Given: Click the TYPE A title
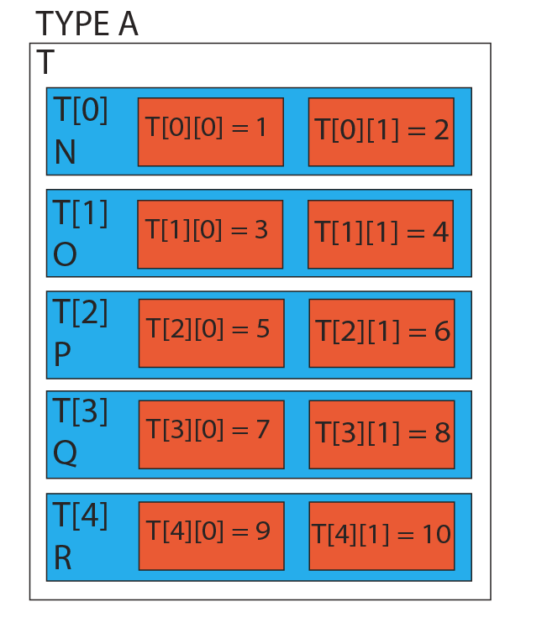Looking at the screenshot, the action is (x=87, y=24).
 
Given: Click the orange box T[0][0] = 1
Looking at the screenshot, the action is (x=211, y=132).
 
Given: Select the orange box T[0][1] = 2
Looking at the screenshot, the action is (x=381, y=132).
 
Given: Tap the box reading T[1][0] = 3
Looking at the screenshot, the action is (x=210, y=234).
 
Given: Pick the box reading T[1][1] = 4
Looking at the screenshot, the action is (x=381, y=234).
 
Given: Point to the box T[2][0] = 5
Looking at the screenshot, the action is (x=212, y=333).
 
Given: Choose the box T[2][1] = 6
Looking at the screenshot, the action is (x=382, y=333).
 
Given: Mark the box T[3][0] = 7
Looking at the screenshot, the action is (x=212, y=435).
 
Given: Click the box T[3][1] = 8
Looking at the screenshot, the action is (x=382, y=435).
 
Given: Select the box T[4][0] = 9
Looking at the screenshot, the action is (x=212, y=536).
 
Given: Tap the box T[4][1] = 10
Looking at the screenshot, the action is (x=382, y=536).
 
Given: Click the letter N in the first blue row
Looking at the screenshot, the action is (x=65, y=152).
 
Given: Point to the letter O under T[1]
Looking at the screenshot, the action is (x=65, y=254).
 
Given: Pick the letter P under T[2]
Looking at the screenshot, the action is (x=62, y=354).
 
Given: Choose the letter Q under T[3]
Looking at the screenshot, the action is (x=65, y=453).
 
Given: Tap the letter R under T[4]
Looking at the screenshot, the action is (x=63, y=557).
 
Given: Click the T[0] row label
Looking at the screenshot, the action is (x=81, y=110).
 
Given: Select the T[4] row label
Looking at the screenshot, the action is (x=80, y=515).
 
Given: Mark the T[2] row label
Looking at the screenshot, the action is (x=80, y=312).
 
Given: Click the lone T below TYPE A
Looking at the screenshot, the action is (x=45, y=62).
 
